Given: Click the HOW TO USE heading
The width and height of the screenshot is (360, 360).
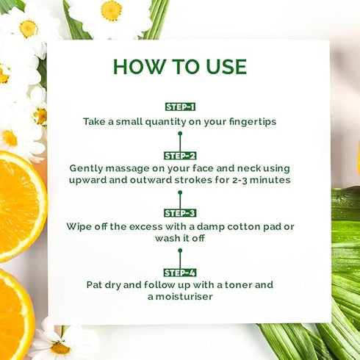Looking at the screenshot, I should point(179,65).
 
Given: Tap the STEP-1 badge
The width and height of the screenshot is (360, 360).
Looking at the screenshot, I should point(179,107).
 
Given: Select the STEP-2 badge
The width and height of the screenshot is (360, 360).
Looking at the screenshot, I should point(179,156).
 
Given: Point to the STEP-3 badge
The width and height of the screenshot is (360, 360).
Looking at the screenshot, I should point(179,213).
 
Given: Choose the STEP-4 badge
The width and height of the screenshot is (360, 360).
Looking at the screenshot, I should point(179,272).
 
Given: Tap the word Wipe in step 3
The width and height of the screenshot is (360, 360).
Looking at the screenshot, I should point(79,226).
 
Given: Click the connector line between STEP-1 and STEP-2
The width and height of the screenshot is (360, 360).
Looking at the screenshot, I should point(179,141).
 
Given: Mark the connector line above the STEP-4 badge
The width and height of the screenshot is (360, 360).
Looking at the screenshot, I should point(179,259).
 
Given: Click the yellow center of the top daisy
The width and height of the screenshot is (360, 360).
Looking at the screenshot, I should point(112,10).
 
